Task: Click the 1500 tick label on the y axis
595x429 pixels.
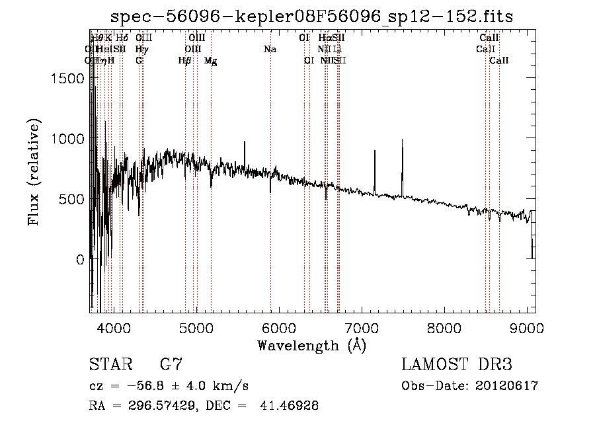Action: (x=68, y=78)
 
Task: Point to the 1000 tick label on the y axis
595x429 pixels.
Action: (x=68, y=139)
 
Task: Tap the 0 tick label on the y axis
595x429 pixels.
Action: (x=79, y=260)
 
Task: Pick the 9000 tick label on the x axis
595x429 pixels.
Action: (x=527, y=328)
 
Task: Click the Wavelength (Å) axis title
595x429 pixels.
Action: (x=311, y=345)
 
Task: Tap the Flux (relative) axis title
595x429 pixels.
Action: (x=33, y=172)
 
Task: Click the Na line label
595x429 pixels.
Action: (x=270, y=49)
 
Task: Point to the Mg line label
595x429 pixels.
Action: (x=211, y=61)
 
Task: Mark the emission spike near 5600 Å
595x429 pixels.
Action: (x=245, y=143)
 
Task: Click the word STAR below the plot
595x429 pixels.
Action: (x=110, y=365)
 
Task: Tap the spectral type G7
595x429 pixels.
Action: (x=171, y=365)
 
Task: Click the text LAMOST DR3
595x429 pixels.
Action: (x=457, y=365)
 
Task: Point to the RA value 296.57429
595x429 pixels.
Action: (x=158, y=406)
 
